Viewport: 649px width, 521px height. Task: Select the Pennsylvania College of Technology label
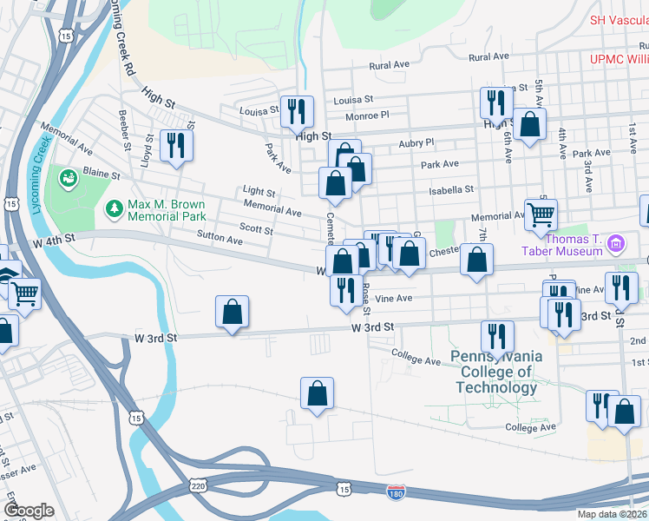tap(496, 372)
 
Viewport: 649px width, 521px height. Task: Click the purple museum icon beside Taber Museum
tap(617, 241)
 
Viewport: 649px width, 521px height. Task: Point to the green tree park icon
tap(113, 208)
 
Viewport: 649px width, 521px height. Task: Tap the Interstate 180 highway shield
tap(397, 491)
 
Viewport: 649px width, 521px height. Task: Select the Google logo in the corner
tap(28, 510)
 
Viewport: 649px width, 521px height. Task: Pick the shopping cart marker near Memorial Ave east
tap(541, 214)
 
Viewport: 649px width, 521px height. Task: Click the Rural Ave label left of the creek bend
tap(389, 65)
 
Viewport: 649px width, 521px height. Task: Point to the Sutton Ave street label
tap(220, 236)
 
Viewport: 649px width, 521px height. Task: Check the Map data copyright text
tap(612, 514)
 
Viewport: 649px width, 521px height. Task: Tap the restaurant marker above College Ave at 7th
tap(497, 335)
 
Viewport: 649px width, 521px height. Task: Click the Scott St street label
tap(256, 231)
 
